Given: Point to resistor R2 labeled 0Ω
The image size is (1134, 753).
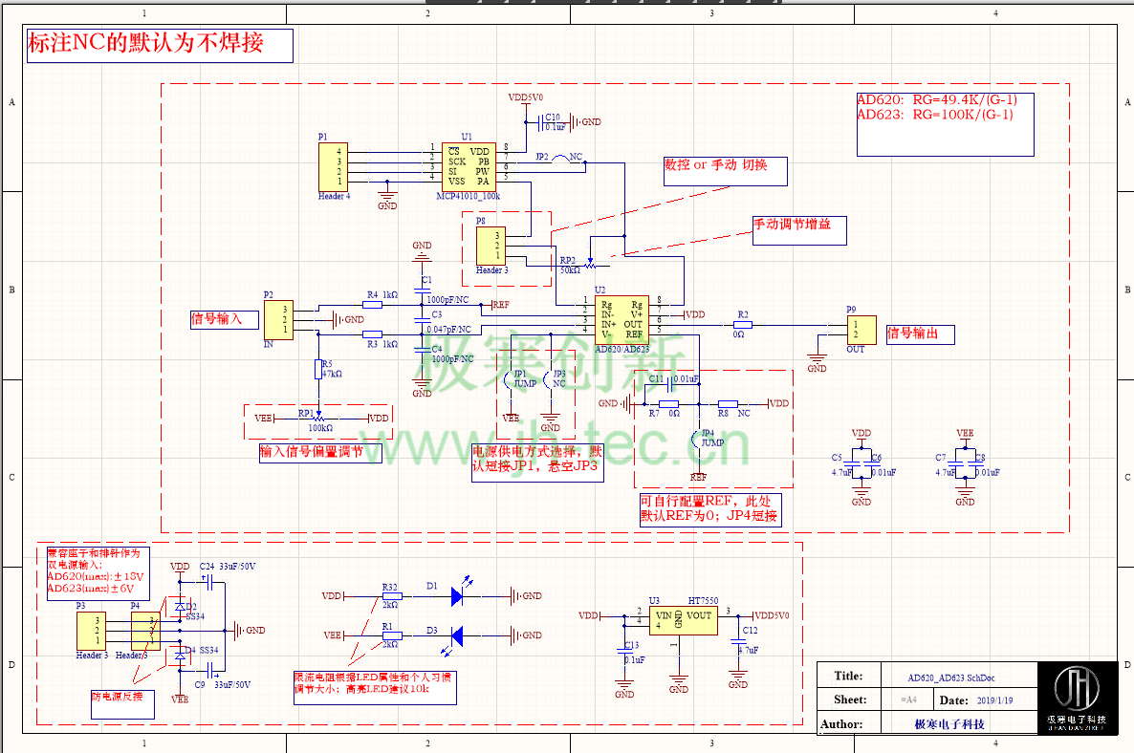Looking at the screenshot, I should [743, 325].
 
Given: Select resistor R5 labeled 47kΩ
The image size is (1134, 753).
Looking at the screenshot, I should [318, 368].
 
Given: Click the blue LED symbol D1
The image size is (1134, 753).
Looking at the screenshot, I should [457, 595].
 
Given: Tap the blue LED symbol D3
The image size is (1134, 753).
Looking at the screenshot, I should [457, 635].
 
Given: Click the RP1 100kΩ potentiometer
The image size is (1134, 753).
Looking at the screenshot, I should [318, 418].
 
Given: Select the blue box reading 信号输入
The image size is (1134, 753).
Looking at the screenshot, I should [224, 318].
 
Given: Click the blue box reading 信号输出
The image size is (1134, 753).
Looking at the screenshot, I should [919, 333].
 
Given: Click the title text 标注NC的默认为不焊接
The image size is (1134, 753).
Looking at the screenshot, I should [159, 44].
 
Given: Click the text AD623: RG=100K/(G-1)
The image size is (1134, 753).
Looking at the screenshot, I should [935, 115].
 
